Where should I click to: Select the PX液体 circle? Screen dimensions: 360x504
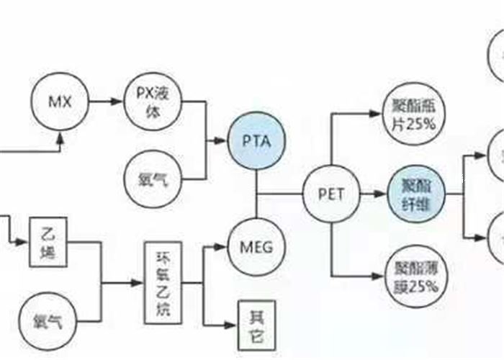click(x=152, y=101)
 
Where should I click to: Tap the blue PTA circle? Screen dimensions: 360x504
click(x=257, y=140)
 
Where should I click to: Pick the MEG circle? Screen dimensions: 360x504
click(x=256, y=247)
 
